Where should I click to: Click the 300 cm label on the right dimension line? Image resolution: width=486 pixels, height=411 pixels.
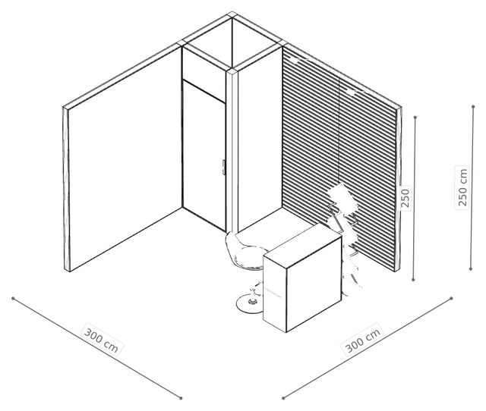363,340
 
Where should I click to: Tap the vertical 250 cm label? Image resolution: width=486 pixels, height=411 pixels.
462,187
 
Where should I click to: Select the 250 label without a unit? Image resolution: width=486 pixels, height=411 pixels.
406,198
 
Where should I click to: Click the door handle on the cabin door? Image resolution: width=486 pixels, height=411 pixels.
223,168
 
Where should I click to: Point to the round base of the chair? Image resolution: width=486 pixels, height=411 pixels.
250,303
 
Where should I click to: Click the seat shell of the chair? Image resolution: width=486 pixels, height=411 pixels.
245,253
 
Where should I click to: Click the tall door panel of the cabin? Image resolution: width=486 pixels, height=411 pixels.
204,155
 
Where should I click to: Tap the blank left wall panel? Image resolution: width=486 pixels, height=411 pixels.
125,158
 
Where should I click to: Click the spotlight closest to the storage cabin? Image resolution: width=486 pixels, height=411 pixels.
295,60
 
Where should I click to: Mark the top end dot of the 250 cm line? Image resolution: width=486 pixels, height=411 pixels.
473,107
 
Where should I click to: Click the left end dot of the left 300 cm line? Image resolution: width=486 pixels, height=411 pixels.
13,298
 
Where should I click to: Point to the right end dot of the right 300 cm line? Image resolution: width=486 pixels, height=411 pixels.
451,298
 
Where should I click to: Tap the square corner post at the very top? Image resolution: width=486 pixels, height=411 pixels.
232,14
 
